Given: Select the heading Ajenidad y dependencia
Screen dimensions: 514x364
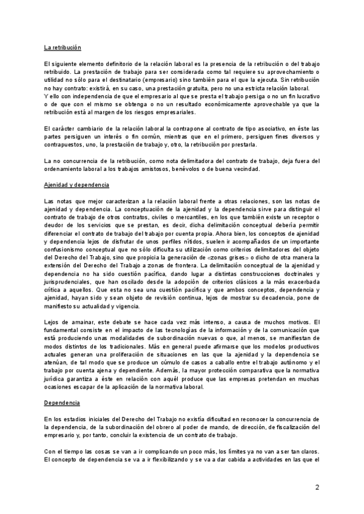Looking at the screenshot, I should tap(76, 184).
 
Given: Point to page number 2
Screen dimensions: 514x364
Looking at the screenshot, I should tap(317, 488).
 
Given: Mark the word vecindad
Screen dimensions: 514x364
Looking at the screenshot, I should tap(243, 168).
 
